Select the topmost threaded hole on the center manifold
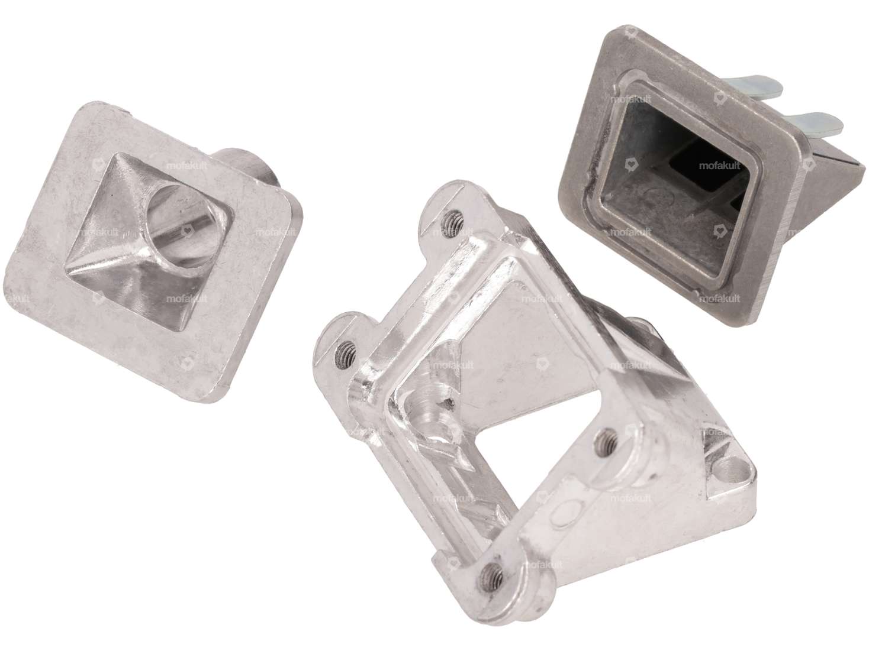455,218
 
